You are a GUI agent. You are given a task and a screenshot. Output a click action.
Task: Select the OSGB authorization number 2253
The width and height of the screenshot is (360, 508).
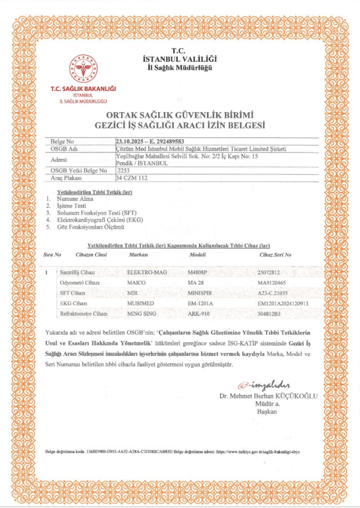(123, 171)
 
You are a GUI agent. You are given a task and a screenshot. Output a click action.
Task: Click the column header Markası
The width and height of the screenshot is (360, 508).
(138, 255)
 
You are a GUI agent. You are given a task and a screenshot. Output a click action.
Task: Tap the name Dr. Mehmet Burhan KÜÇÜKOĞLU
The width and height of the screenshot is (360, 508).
(268, 396)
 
